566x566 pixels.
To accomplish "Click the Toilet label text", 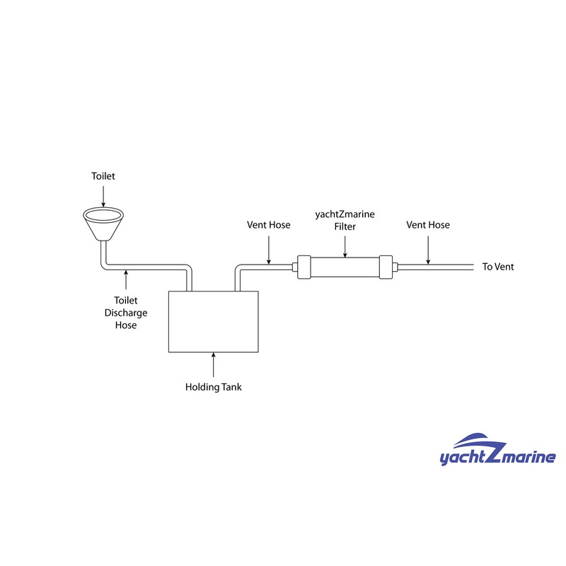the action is pos(103,176).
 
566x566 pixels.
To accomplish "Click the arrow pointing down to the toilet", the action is pos(103,197).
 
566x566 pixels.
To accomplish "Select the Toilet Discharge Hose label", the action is pos(126,313).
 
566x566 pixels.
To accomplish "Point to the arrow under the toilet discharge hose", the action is pos(126,279).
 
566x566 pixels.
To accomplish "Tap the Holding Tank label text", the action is pos(214,387).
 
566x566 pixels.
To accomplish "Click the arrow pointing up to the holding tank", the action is pos(214,365).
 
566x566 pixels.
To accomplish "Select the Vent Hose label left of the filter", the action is pos(269,225).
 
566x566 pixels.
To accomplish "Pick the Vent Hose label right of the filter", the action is pos(428,225).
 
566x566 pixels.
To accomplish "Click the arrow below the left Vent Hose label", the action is pos(269,250).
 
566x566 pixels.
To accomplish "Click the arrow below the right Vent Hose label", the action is pos(428,250).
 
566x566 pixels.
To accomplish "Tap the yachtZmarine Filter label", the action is pos(345,220).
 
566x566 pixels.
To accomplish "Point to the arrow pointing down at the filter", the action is pos(345,247).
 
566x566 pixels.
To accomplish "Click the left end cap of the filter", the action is pos(304,267).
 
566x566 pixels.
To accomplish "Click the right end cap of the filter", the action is pos(386,267).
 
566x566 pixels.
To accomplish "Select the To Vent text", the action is pos(498,267).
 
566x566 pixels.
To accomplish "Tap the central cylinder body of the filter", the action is pos(345,267).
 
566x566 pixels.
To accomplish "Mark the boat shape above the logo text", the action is pos(480,441).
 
